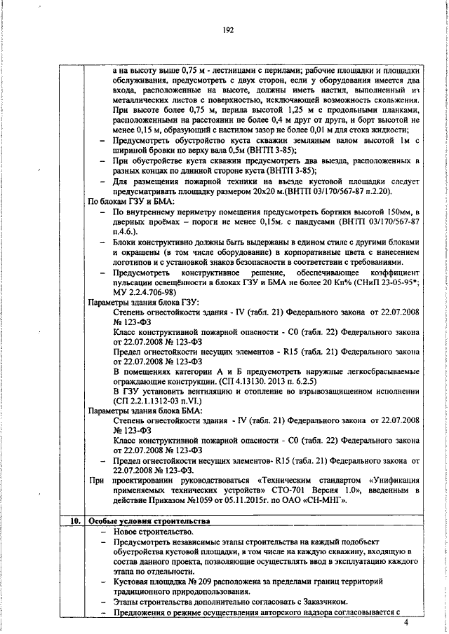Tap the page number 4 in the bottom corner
click(415, 621)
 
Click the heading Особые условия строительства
click(148, 521)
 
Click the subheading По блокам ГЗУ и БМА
click(128, 200)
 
